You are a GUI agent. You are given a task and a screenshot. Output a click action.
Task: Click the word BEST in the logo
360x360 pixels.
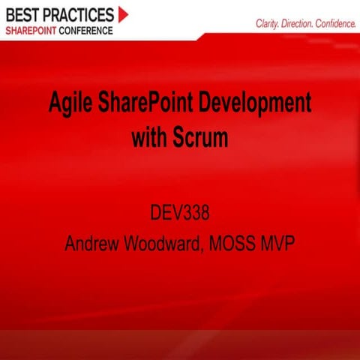pyautogui.click(x=25, y=14)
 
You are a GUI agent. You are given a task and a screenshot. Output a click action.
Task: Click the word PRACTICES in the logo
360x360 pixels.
pyautogui.click(x=82, y=14)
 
